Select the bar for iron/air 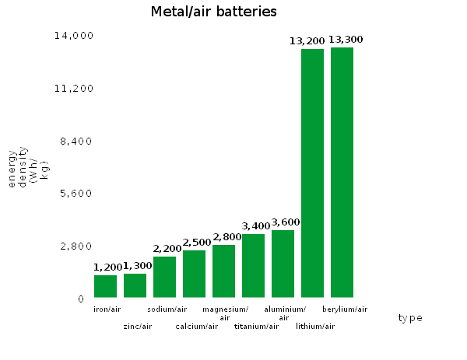tap(105, 286)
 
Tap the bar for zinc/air tap(135, 285)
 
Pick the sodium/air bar tap(164, 277)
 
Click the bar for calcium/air tap(194, 274)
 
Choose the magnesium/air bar tap(223, 271)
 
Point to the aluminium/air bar tap(283, 264)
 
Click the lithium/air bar tap(312, 173)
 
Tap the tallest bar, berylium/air tap(342, 173)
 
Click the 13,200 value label tap(306, 41)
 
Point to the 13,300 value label tap(346, 40)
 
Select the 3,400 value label tap(256, 226)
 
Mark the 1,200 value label tap(108, 267)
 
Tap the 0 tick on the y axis tap(80, 299)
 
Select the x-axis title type tap(410, 318)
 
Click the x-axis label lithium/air tap(315, 326)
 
